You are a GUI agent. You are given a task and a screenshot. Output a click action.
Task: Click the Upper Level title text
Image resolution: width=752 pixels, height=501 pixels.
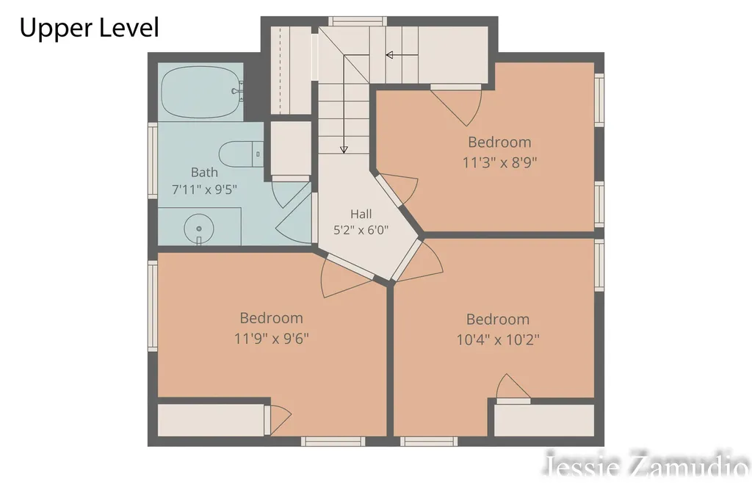pos(89,27)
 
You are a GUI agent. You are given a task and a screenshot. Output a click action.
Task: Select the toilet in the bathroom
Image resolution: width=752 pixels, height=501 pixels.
pos(241,154)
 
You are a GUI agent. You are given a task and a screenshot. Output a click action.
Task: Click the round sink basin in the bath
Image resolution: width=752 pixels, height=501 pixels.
pos(198,229)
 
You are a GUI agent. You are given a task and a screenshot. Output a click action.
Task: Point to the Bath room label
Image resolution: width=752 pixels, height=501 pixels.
pos(204,172)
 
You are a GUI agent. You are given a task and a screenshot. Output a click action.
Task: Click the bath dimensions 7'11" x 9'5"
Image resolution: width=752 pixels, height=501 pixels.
pos(204,190)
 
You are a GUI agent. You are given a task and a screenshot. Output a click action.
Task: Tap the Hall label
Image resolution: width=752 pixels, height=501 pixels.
pos(361,214)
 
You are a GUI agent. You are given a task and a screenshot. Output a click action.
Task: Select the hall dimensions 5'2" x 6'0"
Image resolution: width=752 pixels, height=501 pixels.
pos(361,231)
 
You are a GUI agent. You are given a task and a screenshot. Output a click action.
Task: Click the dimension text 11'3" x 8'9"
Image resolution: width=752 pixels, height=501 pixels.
pos(499,162)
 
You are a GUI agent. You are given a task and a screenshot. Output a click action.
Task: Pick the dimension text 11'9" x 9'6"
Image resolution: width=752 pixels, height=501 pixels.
pos(271,339)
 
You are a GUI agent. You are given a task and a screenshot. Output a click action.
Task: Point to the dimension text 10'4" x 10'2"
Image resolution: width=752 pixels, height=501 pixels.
pos(498,340)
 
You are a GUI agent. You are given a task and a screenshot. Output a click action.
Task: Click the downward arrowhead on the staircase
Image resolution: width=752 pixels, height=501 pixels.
pos(344,150)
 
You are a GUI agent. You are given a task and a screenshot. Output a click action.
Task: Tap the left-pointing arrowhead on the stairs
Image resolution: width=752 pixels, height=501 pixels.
pos(389,55)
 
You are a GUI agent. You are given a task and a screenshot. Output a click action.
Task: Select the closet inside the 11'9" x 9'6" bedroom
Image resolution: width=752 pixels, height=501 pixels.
pos(211,420)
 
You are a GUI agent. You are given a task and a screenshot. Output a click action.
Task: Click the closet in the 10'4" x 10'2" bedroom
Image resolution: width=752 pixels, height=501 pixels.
pos(544,420)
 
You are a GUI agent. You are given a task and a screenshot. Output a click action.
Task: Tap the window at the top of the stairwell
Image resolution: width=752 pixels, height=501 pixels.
pos(357,21)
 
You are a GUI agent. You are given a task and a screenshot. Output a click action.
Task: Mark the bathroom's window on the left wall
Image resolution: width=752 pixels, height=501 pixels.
pos(153,160)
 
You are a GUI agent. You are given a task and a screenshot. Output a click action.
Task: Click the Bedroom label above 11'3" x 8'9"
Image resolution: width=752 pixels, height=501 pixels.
pos(499,142)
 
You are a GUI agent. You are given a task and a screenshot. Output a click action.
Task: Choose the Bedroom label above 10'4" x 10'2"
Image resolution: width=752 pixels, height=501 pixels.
pos(498,319)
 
